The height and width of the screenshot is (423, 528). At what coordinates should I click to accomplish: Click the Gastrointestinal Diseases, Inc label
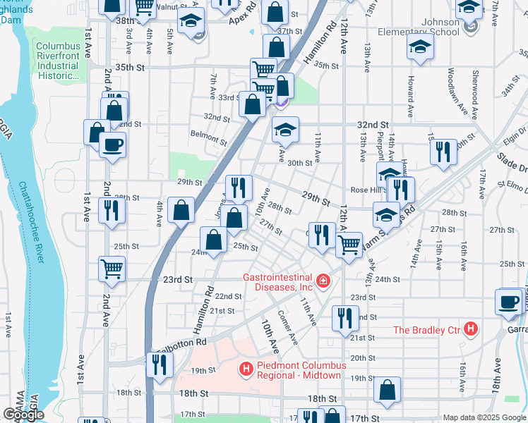coord(279,281)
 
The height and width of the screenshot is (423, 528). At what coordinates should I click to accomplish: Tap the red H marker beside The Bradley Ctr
coord(472,329)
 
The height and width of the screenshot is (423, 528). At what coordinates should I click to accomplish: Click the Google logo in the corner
coord(23,415)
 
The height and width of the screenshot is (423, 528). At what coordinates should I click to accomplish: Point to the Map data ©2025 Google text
coord(484,417)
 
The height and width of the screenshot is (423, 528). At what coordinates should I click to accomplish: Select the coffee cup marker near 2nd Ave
coord(112,146)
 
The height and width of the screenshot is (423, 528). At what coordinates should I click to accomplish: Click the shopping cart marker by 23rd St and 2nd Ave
coord(112,268)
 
